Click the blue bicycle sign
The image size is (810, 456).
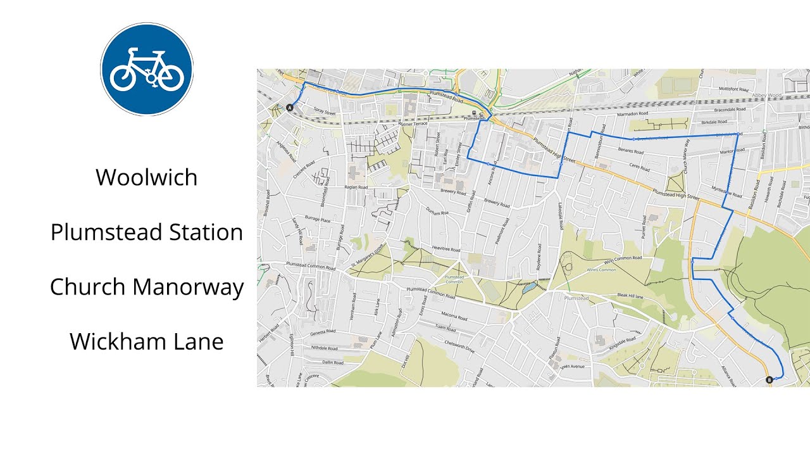(x=147, y=69)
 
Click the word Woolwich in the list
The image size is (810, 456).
(x=147, y=177)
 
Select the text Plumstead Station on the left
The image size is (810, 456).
(x=147, y=232)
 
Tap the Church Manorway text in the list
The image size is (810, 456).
(x=147, y=287)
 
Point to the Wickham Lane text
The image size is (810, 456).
(x=147, y=342)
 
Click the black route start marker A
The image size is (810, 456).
(x=290, y=108)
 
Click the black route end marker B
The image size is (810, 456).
(x=769, y=380)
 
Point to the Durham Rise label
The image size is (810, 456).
(x=437, y=212)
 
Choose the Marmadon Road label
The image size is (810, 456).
(x=633, y=115)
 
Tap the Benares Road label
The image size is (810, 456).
(x=630, y=152)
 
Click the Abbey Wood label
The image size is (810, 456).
(x=767, y=96)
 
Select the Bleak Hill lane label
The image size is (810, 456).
(x=630, y=296)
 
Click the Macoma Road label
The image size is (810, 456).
(x=454, y=317)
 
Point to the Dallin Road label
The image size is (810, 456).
(x=333, y=363)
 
